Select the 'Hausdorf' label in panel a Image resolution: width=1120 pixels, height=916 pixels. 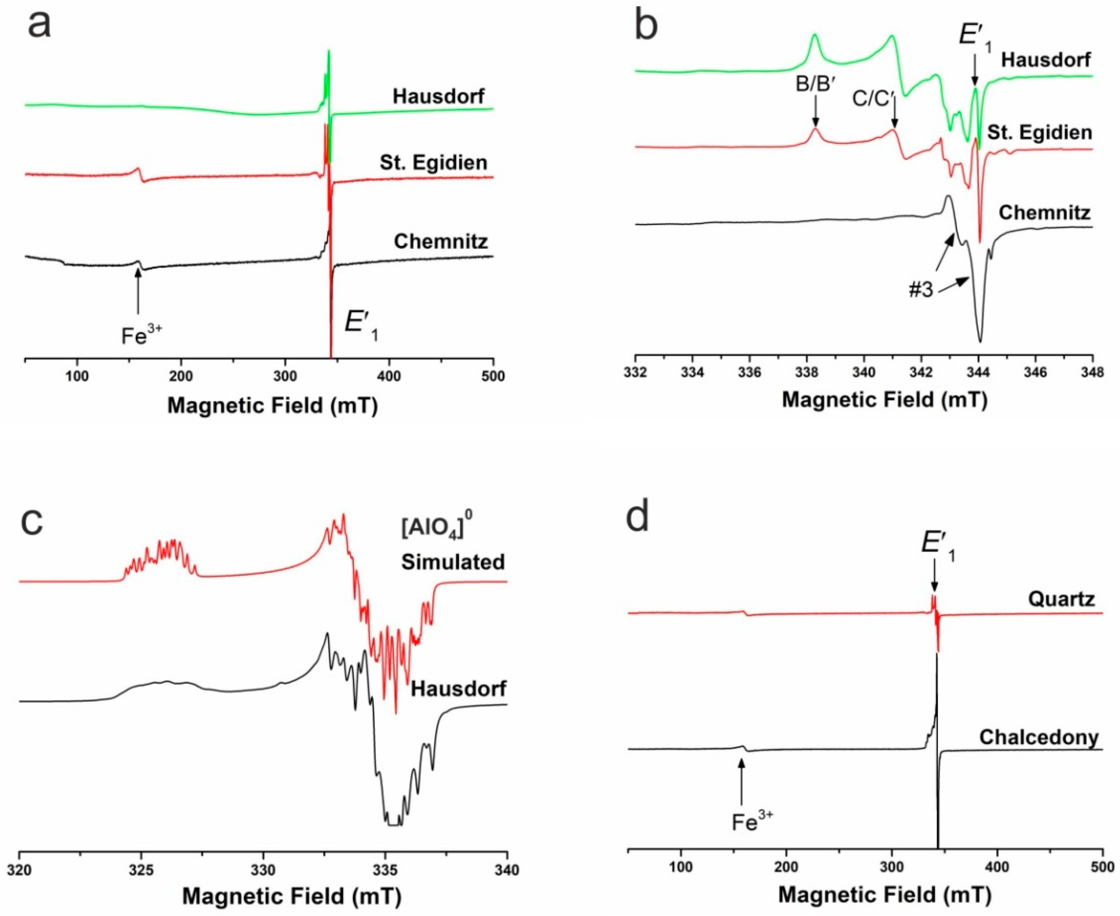(438, 97)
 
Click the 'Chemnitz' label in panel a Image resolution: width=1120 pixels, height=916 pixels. (441, 242)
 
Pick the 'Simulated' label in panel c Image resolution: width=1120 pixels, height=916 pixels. (452, 562)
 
